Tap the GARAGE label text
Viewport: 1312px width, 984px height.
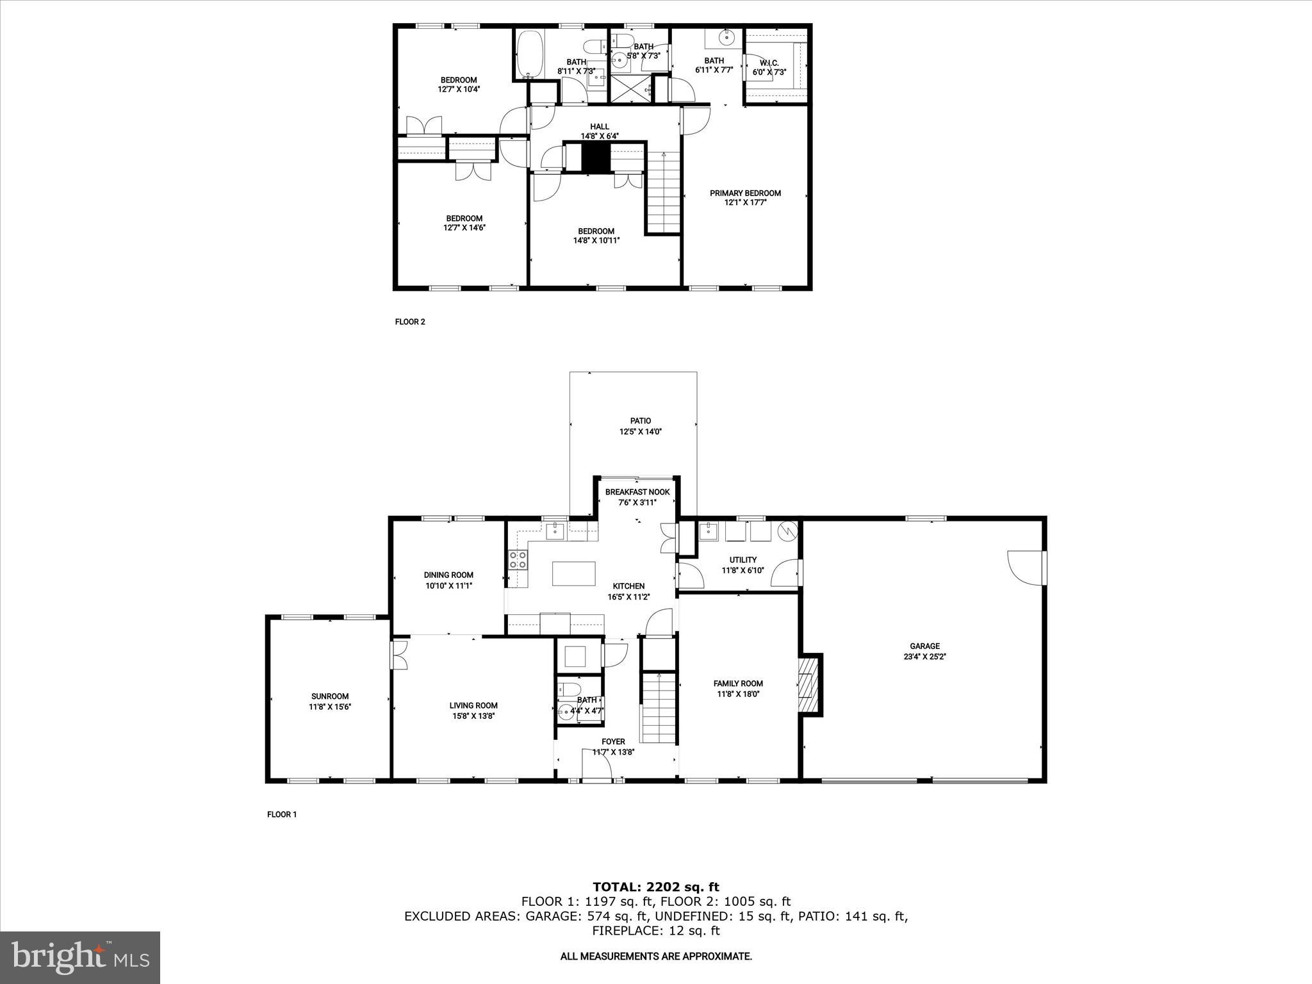[x=924, y=646]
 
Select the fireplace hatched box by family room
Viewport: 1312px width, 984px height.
[x=810, y=685]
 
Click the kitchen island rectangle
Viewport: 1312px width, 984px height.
[x=573, y=573]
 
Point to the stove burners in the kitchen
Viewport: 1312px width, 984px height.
[x=518, y=560]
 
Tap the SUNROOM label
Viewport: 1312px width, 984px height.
[x=330, y=696]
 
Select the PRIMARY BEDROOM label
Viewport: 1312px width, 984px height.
[x=745, y=193]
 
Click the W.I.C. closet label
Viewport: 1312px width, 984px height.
[x=769, y=63]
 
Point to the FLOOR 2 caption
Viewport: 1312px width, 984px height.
[x=410, y=322]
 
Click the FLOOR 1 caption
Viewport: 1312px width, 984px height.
[x=282, y=815]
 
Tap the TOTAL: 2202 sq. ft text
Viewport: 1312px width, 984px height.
[x=655, y=887]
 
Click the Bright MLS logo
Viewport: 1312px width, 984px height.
[x=80, y=957]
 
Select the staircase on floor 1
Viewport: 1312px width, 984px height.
[x=659, y=708]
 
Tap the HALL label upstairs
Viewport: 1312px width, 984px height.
[x=600, y=126]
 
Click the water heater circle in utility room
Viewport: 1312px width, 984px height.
[x=786, y=531]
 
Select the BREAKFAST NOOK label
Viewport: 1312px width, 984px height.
[x=637, y=492]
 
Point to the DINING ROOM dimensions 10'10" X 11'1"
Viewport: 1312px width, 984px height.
[x=448, y=586]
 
